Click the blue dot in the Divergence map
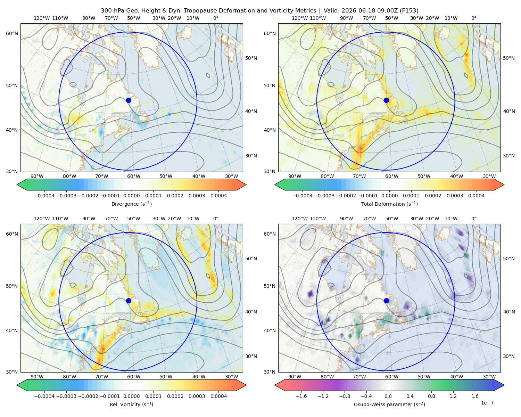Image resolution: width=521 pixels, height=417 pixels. pos(129,100)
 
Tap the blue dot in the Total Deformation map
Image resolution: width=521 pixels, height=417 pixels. pos(386,100)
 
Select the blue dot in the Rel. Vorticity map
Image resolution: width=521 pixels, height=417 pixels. pos(129,301)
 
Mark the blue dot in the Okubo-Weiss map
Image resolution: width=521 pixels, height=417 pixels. pos(386,301)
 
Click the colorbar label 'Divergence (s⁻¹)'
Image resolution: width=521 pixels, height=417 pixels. pos(131,204)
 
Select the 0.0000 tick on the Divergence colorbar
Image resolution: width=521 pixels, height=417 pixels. pos(131,196)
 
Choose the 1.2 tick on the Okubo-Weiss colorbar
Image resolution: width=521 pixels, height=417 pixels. pos(453,396)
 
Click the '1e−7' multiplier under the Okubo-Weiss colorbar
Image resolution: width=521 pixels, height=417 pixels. pos(487,403)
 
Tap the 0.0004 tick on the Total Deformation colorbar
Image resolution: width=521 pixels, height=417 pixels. pos(477,196)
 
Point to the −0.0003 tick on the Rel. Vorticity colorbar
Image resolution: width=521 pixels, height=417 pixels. pos(66,396)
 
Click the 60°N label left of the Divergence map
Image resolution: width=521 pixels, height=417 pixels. pos(12,33)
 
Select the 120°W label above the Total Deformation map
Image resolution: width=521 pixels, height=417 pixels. pos(299,18)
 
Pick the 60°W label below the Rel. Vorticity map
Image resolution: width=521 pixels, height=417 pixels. pos(134,377)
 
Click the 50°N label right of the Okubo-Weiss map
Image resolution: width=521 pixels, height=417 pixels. pos(509,259)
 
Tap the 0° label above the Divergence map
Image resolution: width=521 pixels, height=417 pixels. pos(216,18)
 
